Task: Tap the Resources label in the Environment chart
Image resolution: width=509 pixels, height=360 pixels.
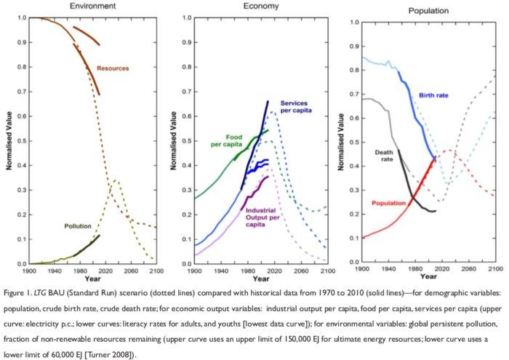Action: tap(113, 68)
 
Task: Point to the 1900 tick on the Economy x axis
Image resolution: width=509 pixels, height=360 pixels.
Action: tap(194, 270)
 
